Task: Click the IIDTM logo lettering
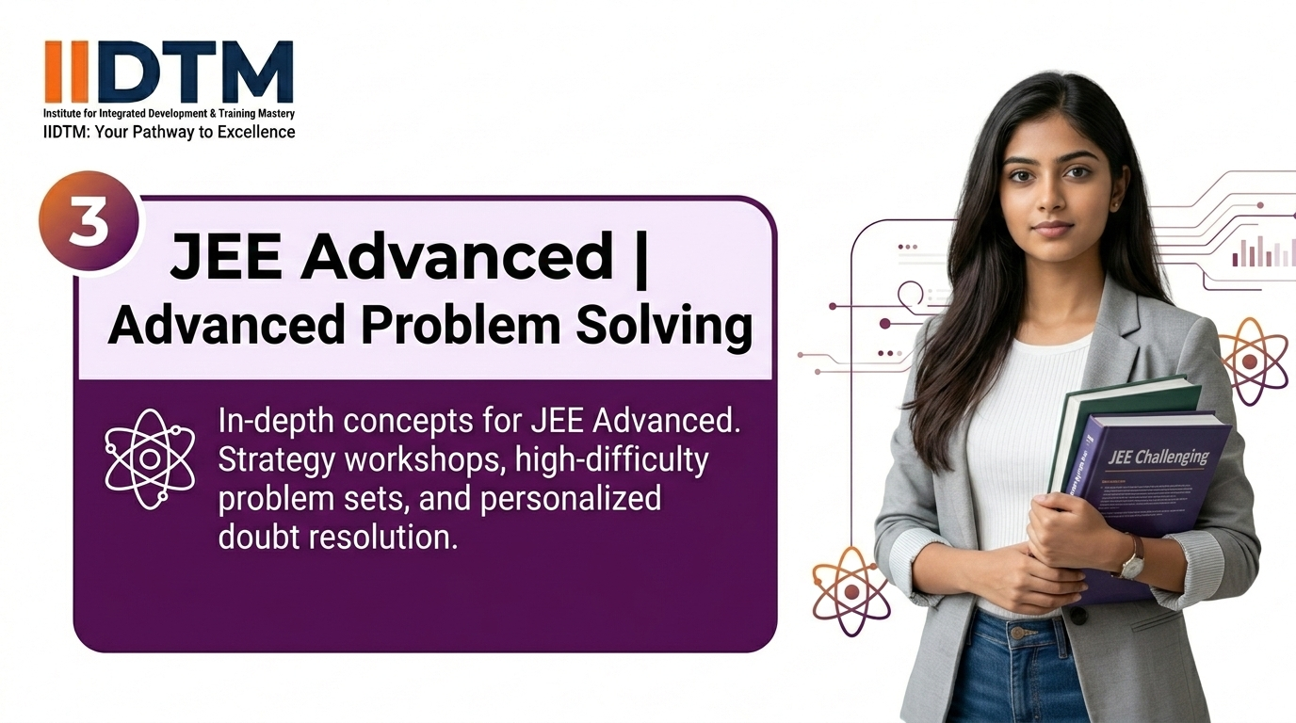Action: [x=169, y=72]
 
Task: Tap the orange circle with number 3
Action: [x=89, y=223]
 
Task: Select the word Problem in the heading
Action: [x=422, y=326]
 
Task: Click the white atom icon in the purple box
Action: [x=149, y=459]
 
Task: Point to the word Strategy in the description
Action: [x=275, y=461]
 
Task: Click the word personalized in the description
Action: [x=571, y=497]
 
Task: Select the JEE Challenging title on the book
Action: [x=1158, y=458]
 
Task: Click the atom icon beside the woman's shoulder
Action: [x=1253, y=361]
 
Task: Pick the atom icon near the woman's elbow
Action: [x=850, y=590]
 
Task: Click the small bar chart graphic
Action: [x=1263, y=251]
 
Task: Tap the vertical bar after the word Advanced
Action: [x=642, y=256]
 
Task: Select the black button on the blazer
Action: [x=1077, y=616]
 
